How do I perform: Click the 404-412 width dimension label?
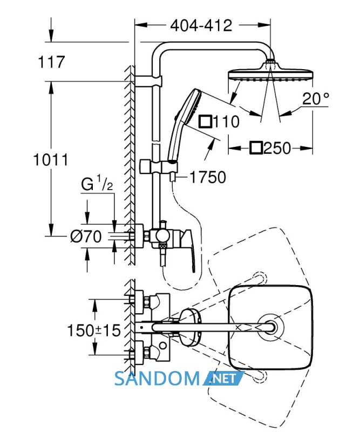point(201,25)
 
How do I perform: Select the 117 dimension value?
point(51,62)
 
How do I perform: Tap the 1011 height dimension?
point(50,160)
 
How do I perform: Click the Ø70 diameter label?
point(86,237)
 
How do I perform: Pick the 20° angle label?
point(316,99)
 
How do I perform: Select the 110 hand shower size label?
point(219,122)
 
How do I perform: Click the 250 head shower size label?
point(270,148)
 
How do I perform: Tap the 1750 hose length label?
point(208,177)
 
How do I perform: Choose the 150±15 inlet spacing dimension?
point(94,330)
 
